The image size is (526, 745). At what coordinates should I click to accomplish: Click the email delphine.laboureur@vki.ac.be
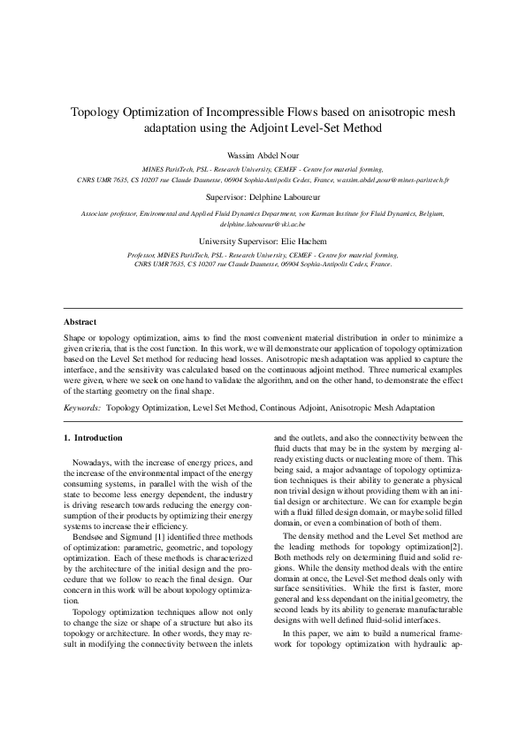(x=263, y=225)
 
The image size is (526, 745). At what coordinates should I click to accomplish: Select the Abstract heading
(x=80, y=322)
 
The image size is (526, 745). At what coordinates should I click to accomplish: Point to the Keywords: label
(x=82, y=408)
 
